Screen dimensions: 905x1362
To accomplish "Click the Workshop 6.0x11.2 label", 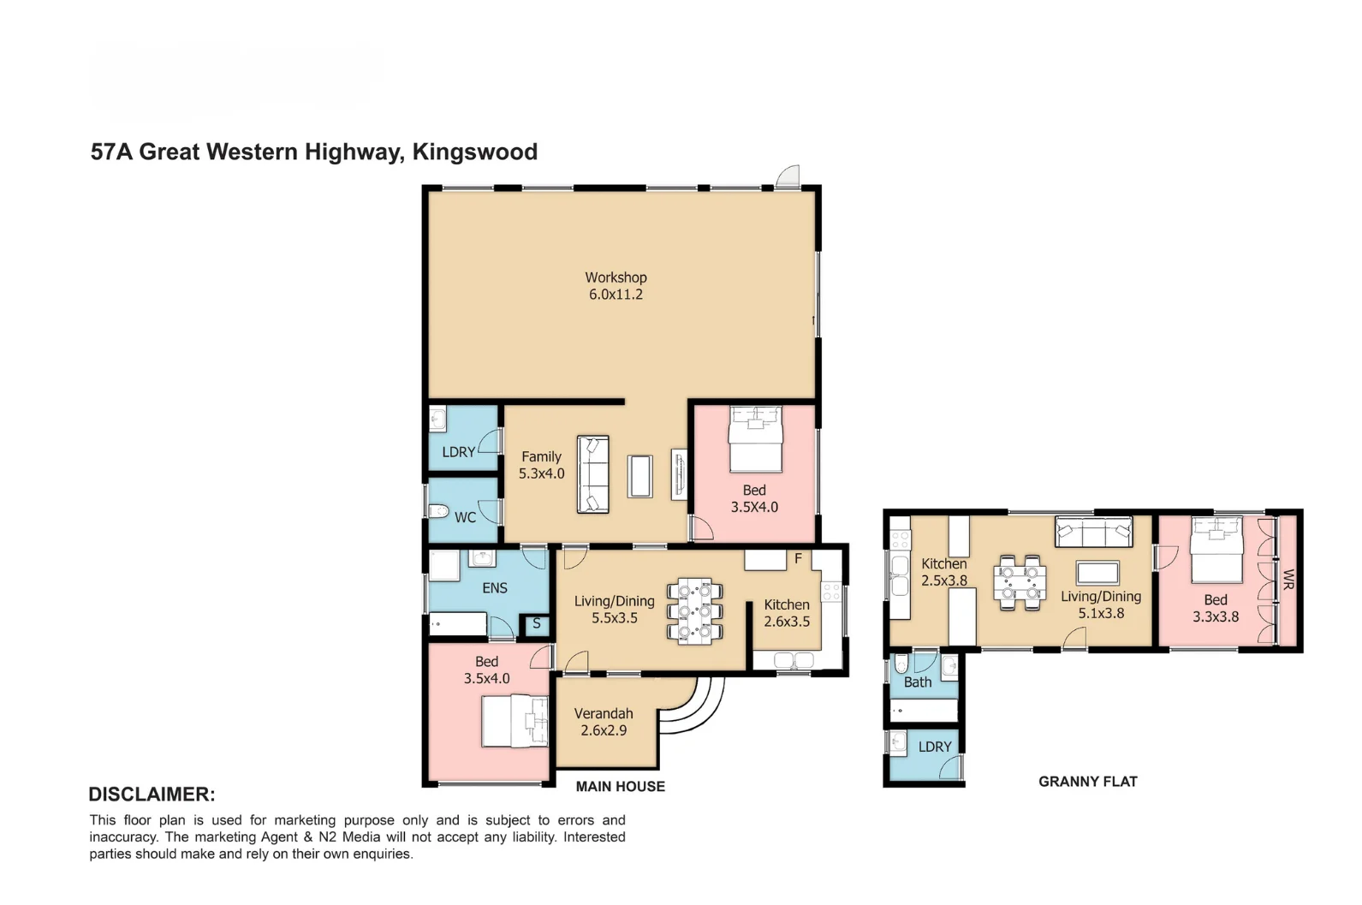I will [x=616, y=286].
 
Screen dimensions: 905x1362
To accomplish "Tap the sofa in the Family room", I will [x=592, y=474].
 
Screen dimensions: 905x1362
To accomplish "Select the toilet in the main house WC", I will [x=438, y=512].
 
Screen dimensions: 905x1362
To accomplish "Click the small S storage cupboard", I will [x=536, y=623].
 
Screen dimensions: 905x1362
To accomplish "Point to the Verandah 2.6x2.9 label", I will [x=604, y=722].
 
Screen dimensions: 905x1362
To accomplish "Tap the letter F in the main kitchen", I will [x=798, y=559].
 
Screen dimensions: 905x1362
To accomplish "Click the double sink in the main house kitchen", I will [x=794, y=660].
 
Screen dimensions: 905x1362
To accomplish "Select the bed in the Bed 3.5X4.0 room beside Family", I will [x=755, y=439].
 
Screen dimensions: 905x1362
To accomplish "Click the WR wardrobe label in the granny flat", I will [x=1288, y=581].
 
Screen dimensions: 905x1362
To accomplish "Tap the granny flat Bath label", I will [x=917, y=682].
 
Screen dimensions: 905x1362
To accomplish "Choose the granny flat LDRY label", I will [x=934, y=747].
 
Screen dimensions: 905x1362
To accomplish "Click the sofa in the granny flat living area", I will [x=1093, y=532].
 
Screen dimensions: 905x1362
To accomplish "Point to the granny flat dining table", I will [x=1020, y=583].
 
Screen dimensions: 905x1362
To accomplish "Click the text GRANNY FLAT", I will [x=1087, y=781].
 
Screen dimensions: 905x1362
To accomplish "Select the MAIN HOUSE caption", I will [x=620, y=786].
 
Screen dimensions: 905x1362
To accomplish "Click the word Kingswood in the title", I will [x=474, y=152].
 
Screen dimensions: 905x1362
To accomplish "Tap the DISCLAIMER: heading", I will [x=152, y=794].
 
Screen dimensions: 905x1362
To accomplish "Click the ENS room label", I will [x=494, y=588].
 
